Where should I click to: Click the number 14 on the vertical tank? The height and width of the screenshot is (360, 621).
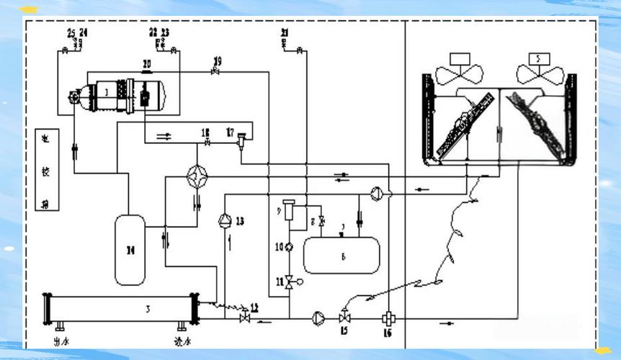[130, 250]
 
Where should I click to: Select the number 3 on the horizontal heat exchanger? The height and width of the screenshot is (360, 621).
[148, 309]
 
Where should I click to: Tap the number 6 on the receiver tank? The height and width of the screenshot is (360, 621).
[343, 256]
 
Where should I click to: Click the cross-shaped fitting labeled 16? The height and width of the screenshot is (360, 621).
[387, 318]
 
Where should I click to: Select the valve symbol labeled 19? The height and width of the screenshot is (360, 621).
[214, 72]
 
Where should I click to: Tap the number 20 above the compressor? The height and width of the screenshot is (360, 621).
[146, 64]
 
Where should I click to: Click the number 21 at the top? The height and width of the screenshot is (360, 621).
[285, 33]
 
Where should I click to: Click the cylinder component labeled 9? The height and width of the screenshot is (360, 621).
[290, 211]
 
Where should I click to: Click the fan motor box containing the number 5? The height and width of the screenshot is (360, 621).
[536, 57]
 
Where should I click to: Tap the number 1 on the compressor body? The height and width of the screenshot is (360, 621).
[105, 92]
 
